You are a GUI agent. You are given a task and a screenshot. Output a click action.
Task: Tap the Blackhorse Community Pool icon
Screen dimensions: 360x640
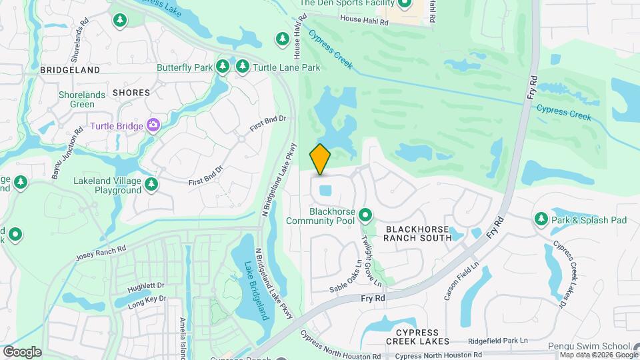pyautogui.click(x=365, y=215)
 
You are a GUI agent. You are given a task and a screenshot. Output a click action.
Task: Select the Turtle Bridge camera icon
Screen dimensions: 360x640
pyautogui.click(x=154, y=125)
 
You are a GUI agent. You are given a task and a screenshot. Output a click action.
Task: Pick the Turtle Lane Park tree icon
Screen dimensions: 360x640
pyautogui.click(x=242, y=67)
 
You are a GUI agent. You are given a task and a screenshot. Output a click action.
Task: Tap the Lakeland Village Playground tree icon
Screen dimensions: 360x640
pyautogui.click(x=151, y=184)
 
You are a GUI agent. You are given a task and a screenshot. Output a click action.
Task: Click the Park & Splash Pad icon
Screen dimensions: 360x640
pyautogui.click(x=541, y=219)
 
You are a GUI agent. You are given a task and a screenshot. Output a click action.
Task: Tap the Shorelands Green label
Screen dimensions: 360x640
pyautogui.click(x=82, y=99)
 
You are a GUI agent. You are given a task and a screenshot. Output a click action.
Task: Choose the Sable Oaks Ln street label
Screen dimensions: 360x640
pyautogui.click(x=346, y=277)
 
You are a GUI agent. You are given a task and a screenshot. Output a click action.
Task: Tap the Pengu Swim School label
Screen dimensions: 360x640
pyautogui.click(x=589, y=346)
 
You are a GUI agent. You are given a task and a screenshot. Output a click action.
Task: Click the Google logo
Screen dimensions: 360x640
pyautogui.click(x=22, y=352)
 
